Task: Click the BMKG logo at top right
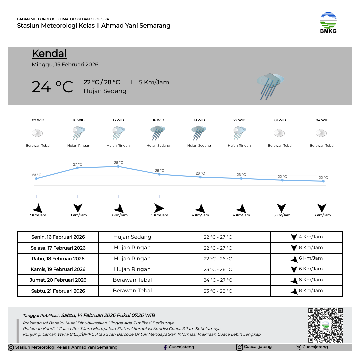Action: [328, 23]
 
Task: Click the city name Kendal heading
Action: [49, 53]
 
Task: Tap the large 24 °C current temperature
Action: [52, 87]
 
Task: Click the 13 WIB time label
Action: [118, 120]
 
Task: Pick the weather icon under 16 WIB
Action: [158, 133]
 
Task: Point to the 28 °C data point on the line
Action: [118, 166]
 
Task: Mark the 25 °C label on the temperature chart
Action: [160, 171]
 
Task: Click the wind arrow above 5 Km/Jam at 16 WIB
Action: [159, 208]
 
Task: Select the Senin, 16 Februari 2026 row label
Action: [58, 237]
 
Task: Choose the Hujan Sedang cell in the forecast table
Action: [132, 237]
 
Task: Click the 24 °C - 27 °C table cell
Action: [218, 280]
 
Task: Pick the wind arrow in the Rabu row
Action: [294, 259]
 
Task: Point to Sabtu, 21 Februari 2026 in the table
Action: [58, 291]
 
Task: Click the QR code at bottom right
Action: [325, 325]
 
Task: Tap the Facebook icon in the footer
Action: [165, 347]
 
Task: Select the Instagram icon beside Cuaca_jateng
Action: [239, 347]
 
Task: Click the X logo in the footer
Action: [299, 347]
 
